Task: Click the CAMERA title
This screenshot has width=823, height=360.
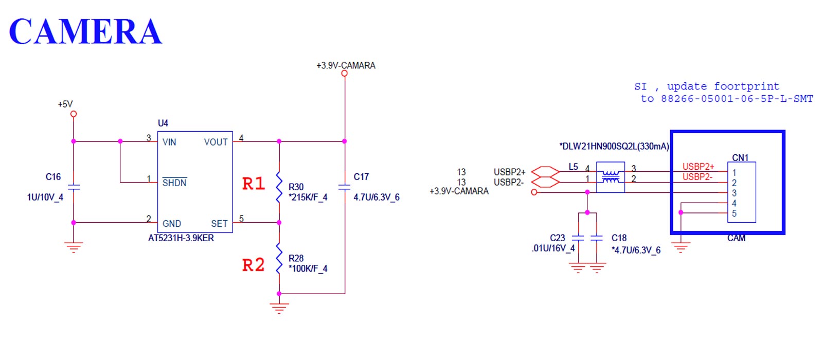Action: tap(85, 32)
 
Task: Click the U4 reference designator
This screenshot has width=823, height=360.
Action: tap(163, 123)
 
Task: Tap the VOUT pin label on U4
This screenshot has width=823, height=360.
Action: tap(216, 142)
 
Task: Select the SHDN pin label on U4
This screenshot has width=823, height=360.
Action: tap(174, 183)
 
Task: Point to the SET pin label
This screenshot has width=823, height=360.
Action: tap(219, 224)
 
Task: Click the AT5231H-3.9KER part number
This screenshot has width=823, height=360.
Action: tap(181, 238)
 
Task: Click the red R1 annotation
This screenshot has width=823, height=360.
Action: tap(254, 184)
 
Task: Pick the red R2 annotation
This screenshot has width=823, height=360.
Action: tap(254, 265)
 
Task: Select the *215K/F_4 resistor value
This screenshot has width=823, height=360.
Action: tap(308, 197)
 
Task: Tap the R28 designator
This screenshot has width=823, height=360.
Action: tap(296, 258)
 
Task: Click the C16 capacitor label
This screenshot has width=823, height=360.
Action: tap(53, 177)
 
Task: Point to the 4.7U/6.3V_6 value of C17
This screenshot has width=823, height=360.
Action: tap(377, 197)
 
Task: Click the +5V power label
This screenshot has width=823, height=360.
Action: tap(65, 104)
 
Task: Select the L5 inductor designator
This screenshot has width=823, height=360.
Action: tap(573, 167)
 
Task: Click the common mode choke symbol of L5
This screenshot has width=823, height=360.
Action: tap(611, 177)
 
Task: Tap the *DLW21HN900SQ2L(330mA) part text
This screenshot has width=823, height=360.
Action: tap(614, 147)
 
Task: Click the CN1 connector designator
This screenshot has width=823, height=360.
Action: tap(740, 158)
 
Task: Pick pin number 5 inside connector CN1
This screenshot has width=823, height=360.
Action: tap(734, 213)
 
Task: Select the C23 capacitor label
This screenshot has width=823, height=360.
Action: tap(557, 238)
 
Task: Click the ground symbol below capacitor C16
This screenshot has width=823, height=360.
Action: tap(74, 248)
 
